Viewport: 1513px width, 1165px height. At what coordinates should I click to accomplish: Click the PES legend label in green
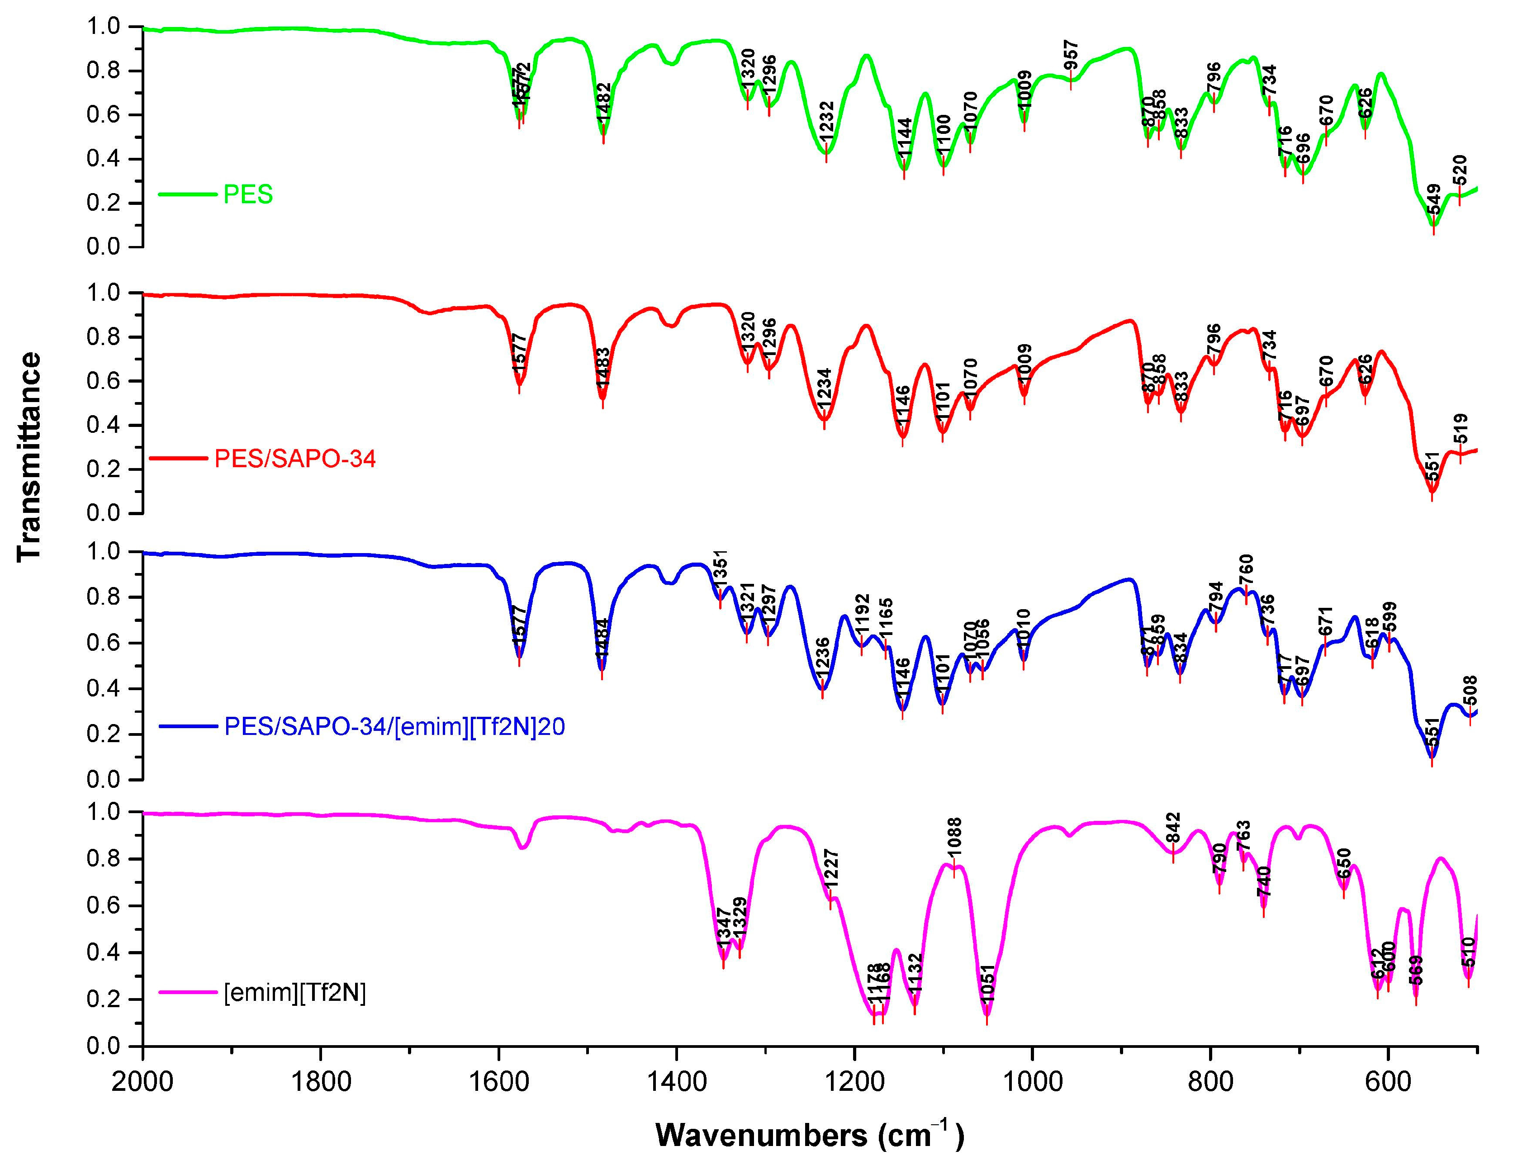tap(248, 194)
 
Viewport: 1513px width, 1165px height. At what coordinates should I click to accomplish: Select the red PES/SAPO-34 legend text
tap(295, 459)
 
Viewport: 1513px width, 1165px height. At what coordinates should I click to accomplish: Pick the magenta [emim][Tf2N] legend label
tap(295, 993)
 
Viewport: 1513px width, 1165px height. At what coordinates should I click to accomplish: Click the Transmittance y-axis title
tap(29, 457)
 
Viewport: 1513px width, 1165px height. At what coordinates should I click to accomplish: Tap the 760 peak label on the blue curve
tap(1246, 570)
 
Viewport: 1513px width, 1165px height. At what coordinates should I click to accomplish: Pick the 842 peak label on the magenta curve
tap(1173, 828)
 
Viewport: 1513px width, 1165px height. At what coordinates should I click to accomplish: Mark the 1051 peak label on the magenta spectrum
tap(987, 982)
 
